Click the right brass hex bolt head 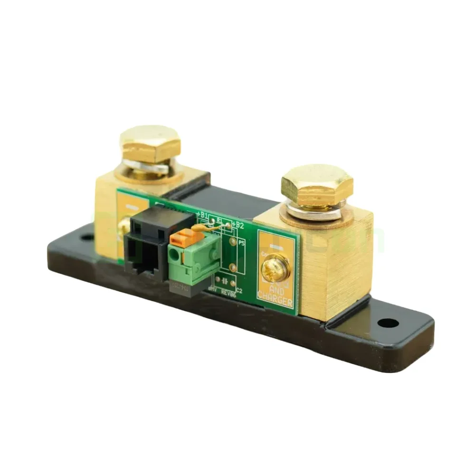[317, 186]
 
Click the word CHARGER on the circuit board [275, 296]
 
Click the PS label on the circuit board [241, 243]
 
